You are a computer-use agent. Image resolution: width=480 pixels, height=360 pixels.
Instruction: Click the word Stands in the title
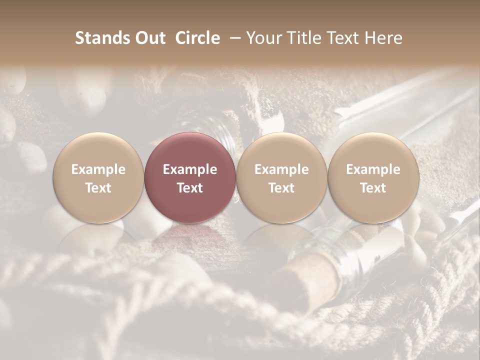click(102, 38)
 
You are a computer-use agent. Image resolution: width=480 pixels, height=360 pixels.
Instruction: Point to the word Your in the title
click(263, 38)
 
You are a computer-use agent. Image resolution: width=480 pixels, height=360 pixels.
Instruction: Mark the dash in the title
click(233, 38)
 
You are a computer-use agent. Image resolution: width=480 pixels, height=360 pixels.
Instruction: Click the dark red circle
click(190, 178)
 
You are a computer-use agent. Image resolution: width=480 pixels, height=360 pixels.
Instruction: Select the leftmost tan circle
click(98, 178)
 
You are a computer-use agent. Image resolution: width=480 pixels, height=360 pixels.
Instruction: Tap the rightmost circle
click(373, 178)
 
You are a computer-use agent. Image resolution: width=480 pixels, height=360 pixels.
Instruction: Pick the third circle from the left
click(281, 178)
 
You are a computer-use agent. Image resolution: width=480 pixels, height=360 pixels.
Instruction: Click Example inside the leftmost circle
click(98, 169)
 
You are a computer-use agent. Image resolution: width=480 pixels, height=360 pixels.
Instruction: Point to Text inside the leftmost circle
click(98, 188)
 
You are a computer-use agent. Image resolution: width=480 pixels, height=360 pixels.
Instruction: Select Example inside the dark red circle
click(190, 169)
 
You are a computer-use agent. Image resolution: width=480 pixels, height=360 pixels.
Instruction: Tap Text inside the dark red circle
click(190, 188)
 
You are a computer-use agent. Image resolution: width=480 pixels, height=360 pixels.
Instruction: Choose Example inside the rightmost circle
click(373, 169)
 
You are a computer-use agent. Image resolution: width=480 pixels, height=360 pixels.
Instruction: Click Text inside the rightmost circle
click(373, 188)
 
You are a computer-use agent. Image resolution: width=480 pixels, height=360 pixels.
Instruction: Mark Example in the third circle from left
click(281, 169)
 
